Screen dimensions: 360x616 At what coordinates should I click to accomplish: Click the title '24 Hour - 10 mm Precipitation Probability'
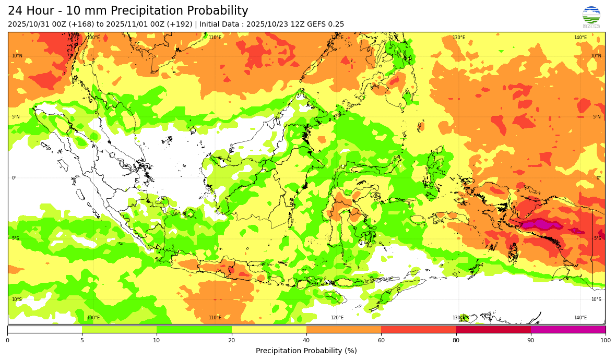pos(128,11)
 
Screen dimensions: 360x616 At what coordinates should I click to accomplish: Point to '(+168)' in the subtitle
pos(73,24)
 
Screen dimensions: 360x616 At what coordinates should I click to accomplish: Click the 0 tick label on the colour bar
pos(7,341)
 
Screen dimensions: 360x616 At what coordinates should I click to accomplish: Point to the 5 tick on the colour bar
pos(82,341)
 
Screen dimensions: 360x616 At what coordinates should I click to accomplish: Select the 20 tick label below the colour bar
pos(231,341)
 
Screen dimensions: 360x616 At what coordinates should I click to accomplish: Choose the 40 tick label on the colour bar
pos(306,341)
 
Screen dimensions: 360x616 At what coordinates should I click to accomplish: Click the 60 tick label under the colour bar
pos(381,341)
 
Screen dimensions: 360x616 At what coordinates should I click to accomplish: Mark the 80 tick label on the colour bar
pos(456,341)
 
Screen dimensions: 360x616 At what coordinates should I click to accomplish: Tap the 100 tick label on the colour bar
pos(605,341)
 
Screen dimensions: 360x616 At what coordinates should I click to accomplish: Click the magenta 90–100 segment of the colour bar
pos(568,329)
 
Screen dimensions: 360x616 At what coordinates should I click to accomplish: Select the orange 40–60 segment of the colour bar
pos(343,329)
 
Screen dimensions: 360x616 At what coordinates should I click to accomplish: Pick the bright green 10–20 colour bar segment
pos(194,329)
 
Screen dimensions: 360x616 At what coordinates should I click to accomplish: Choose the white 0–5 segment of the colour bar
pos(44,329)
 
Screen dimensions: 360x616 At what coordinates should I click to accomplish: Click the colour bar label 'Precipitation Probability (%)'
pos(306,351)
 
